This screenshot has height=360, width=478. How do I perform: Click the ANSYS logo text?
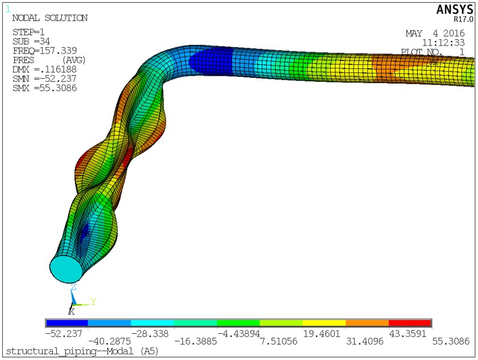454,10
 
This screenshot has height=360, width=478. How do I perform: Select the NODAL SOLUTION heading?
50,18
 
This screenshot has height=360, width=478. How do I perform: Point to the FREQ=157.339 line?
44,51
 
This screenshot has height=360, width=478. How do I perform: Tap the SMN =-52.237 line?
44,78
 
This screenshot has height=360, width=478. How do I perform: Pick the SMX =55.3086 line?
44,88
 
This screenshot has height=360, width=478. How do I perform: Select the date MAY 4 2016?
435,33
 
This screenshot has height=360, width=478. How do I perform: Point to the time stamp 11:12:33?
443,42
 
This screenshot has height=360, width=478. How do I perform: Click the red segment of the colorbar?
410,323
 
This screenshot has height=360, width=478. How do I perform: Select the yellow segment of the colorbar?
324,323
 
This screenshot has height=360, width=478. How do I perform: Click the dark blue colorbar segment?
66,323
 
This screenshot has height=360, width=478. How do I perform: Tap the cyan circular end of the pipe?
66,267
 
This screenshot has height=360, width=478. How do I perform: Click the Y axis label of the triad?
93,301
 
